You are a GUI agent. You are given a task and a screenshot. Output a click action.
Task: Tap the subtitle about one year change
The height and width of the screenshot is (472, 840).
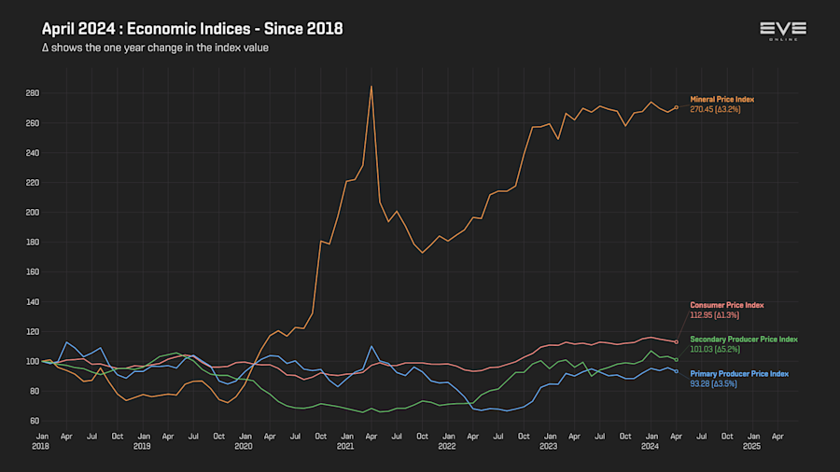click(x=155, y=48)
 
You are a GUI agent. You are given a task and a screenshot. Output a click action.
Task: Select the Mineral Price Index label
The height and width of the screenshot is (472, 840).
click(x=721, y=99)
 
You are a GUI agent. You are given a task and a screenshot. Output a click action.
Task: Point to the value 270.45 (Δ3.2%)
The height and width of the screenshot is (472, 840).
click(x=715, y=109)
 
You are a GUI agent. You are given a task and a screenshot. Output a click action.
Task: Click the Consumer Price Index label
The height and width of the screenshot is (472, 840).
click(x=726, y=305)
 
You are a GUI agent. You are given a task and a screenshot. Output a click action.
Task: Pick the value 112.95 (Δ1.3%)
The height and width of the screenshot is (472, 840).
click(x=715, y=315)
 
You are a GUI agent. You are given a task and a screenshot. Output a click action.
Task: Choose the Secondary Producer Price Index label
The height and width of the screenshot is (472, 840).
click(x=743, y=339)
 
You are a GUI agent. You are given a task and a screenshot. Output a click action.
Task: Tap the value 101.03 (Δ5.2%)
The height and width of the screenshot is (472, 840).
click(x=715, y=349)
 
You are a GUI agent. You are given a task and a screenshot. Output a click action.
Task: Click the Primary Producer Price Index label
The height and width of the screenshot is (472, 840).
click(x=739, y=373)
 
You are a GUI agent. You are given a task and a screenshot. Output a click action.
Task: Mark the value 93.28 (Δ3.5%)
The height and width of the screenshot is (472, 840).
click(x=713, y=383)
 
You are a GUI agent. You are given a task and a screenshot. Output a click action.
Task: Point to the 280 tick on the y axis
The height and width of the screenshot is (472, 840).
click(x=32, y=93)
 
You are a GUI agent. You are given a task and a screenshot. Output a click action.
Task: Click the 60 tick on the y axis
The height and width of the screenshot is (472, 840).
click(x=34, y=421)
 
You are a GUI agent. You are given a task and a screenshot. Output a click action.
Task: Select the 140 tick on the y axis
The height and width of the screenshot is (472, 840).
click(x=32, y=301)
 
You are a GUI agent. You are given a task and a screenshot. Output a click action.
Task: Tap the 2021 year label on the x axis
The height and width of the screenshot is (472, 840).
click(x=345, y=447)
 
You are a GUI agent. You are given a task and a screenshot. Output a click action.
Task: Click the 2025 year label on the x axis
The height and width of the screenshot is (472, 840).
click(x=751, y=447)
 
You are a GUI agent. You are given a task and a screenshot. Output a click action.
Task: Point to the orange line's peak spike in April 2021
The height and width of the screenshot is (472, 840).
click(x=371, y=87)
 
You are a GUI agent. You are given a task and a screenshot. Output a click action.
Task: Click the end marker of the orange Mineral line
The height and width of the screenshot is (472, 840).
click(x=677, y=107)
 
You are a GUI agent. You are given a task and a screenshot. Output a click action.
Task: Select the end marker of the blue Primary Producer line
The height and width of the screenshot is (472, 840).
click(x=676, y=371)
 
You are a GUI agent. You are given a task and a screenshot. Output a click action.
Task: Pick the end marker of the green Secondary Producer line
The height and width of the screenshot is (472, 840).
click(x=676, y=360)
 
